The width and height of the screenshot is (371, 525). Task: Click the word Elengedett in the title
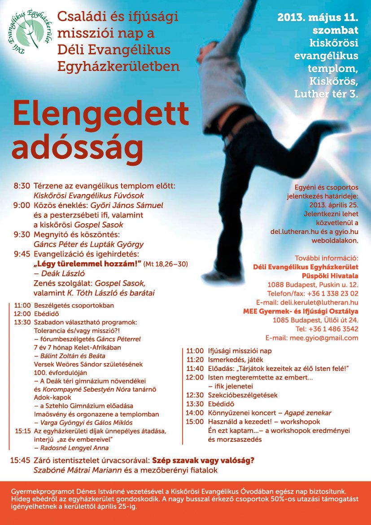tap(100, 113)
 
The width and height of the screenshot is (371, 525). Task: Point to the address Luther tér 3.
tap(326, 94)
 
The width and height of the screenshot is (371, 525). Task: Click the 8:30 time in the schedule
tap(22, 185)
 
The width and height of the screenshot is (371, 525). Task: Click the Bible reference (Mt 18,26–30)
tap(165, 264)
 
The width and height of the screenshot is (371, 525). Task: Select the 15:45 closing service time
tap(21, 461)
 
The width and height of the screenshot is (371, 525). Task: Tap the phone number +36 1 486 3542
tap(333, 329)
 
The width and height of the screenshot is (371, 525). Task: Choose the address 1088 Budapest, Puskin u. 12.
tap(313, 285)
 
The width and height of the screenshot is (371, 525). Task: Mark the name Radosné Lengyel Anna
tap(71, 448)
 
